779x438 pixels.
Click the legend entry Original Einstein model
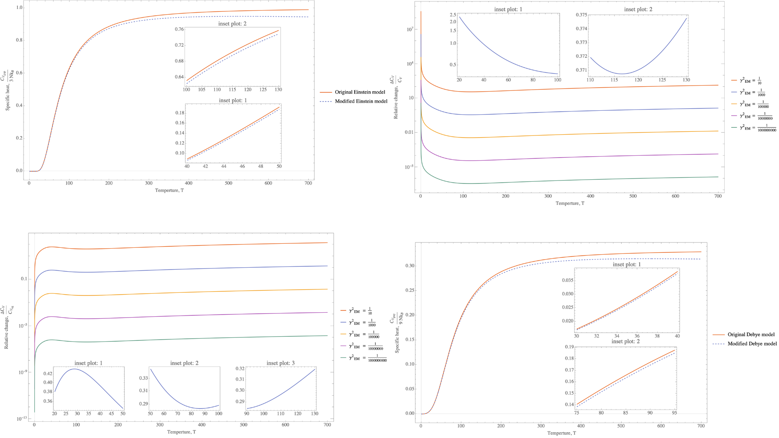click(x=360, y=92)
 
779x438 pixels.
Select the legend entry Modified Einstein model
click(x=361, y=101)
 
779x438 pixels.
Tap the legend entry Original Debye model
click(x=751, y=335)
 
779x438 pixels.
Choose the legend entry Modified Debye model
click(x=752, y=344)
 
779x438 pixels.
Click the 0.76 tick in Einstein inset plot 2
click(x=179, y=29)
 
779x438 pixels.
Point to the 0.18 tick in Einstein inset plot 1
click(x=180, y=113)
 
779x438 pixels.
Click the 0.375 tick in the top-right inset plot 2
click(x=581, y=15)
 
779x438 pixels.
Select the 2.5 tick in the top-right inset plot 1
click(x=453, y=15)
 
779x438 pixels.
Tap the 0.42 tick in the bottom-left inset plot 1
click(x=47, y=374)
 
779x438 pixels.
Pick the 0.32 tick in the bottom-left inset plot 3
click(x=240, y=369)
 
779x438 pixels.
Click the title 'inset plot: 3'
click(x=280, y=363)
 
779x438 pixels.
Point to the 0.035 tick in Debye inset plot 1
click(x=568, y=280)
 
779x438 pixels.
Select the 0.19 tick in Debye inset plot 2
click(x=569, y=347)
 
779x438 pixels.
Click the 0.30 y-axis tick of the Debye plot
click(x=410, y=266)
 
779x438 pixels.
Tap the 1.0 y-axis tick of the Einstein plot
click(x=19, y=8)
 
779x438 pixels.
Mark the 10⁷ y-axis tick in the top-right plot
click(x=409, y=29)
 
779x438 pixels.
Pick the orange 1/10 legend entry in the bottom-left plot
click(x=360, y=311)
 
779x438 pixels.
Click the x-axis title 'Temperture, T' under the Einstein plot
click(x=169, y=190)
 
